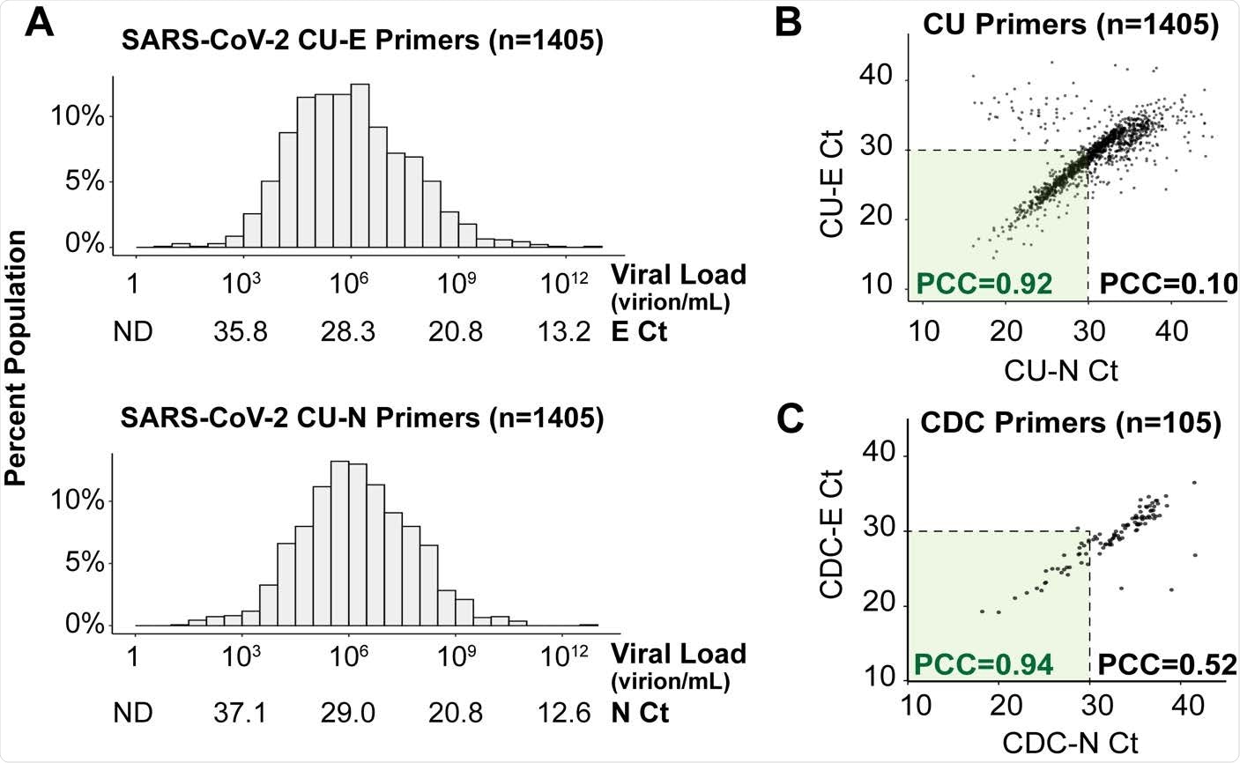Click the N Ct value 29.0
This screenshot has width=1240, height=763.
click(349, 712)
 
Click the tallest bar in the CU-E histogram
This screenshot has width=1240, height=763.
click(360, 167)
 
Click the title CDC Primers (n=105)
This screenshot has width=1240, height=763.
click(1070, 424)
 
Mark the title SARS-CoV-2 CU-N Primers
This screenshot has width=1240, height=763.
click(362, 419)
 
